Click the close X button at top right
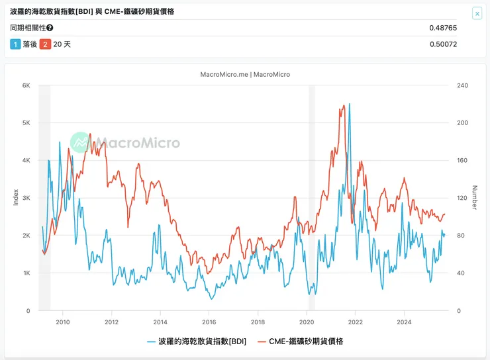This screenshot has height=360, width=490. (x=477, y=13)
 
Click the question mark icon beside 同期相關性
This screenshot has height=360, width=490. (x=50, y=28)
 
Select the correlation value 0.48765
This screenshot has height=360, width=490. (x=443, y=28)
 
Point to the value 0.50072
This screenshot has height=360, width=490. (x=443, y=44)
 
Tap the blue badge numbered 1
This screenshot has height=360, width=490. (x=15, y=44)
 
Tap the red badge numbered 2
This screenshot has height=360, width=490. (x=45, y=44)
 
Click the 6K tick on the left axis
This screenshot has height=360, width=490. (x=26, y=85)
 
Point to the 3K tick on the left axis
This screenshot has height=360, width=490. (x=26, y=198)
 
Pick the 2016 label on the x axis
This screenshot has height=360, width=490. (x=209, y=322)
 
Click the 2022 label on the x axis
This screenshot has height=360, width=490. (x=356, y=322)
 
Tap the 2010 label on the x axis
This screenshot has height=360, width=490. (x=63, y=322)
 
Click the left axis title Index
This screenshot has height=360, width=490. (x=16, y=197)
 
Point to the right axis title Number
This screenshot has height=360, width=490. (x=474, y=197)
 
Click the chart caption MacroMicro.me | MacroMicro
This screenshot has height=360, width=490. (x=245, y=74)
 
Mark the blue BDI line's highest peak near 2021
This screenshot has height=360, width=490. (x=350, y=104)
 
